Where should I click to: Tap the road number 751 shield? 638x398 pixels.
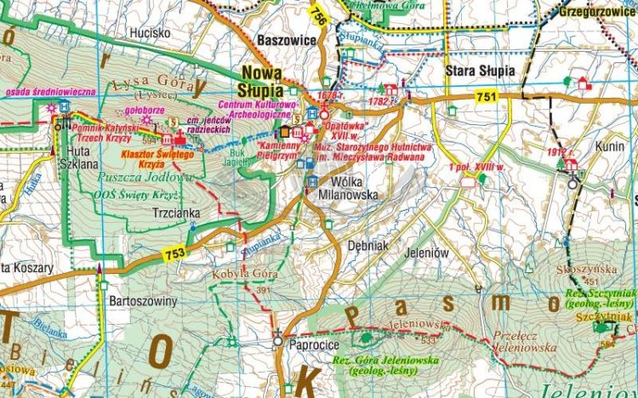[x=487, y=98]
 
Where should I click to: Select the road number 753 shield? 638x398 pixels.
[x=175, y=253]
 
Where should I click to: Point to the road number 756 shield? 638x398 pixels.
[x=317, y=16]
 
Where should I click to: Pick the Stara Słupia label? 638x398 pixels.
[x=480, y=71]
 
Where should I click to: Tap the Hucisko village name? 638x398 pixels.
[x=151, y=32]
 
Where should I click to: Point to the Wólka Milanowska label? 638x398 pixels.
[x=349, y=188]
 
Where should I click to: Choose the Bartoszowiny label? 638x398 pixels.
[x=143, y=301]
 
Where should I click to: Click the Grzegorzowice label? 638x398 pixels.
[x=598, y=12]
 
